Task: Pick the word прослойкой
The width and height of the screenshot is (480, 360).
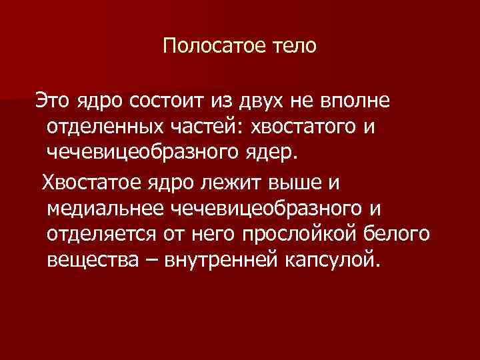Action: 297,235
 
